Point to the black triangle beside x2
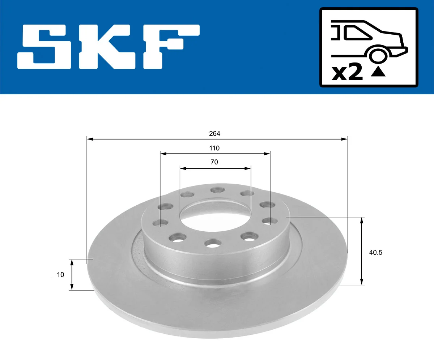pos(378,72)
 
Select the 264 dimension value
pos(214,133)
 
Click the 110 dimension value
pos(214,148)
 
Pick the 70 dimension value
pos(214,162)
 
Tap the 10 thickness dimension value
pos(60,275)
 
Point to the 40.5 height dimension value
pos(375,253)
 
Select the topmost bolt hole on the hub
pos(217,190)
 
